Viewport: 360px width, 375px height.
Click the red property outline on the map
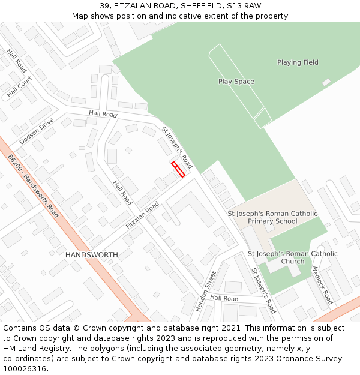pyautogui.click(x=178, y=169)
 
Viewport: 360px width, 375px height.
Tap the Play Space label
pyautogui.click(x=236, y=82)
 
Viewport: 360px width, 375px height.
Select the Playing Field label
pyautogui.click(x=298, y=62)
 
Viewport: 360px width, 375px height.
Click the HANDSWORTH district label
pyautogui.click(x=91, y=255)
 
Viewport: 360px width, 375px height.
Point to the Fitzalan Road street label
pyautogui.click(x=142, y=215)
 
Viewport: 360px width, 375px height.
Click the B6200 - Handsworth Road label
pyautogui.click(x=34, y=186)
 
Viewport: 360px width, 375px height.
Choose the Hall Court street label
pyautogui.click(x=19, y=88)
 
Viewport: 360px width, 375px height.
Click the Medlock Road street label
pyautogui.click(x=322, y=285)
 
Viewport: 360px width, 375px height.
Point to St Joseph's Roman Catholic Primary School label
pyautogui.click(x=272, y=217)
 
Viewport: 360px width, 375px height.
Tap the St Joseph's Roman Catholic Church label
pyautogui.click(x=292, y=257)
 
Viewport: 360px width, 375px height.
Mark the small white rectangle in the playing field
pyautogui.click(x=326, y=82)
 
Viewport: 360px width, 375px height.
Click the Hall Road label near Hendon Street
pyautogui.click(x=224, y=298)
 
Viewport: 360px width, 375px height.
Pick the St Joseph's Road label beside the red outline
pyautogui.click(x=177, y=147)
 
